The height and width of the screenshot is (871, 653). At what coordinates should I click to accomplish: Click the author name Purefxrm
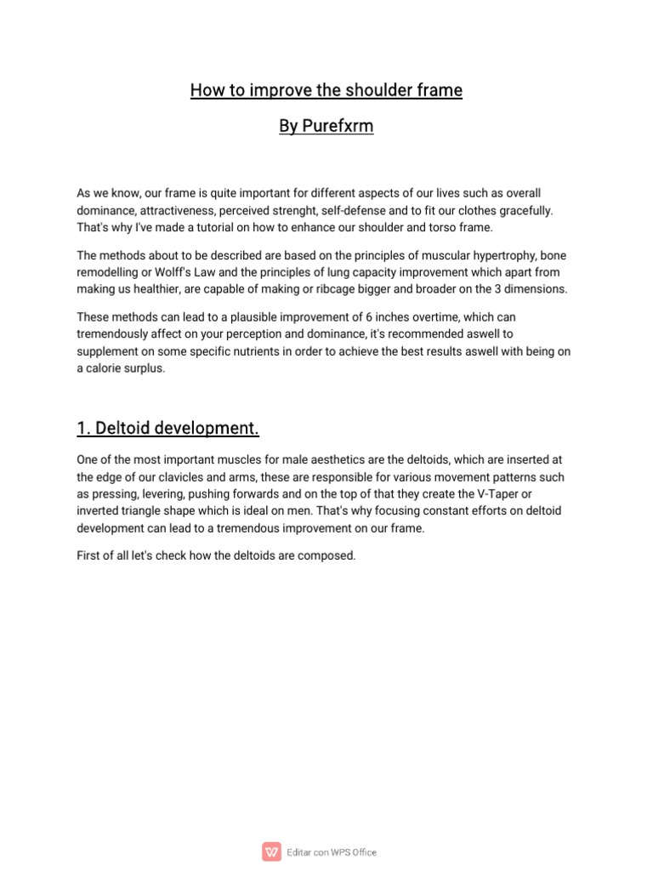(x=338, y=127)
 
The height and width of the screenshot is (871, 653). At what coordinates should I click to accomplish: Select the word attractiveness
(x=179, y=209)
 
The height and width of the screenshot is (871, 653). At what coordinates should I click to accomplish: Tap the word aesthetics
(x=321, y=460)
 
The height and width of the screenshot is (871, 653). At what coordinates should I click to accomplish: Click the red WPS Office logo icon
(x=272, y=851)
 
